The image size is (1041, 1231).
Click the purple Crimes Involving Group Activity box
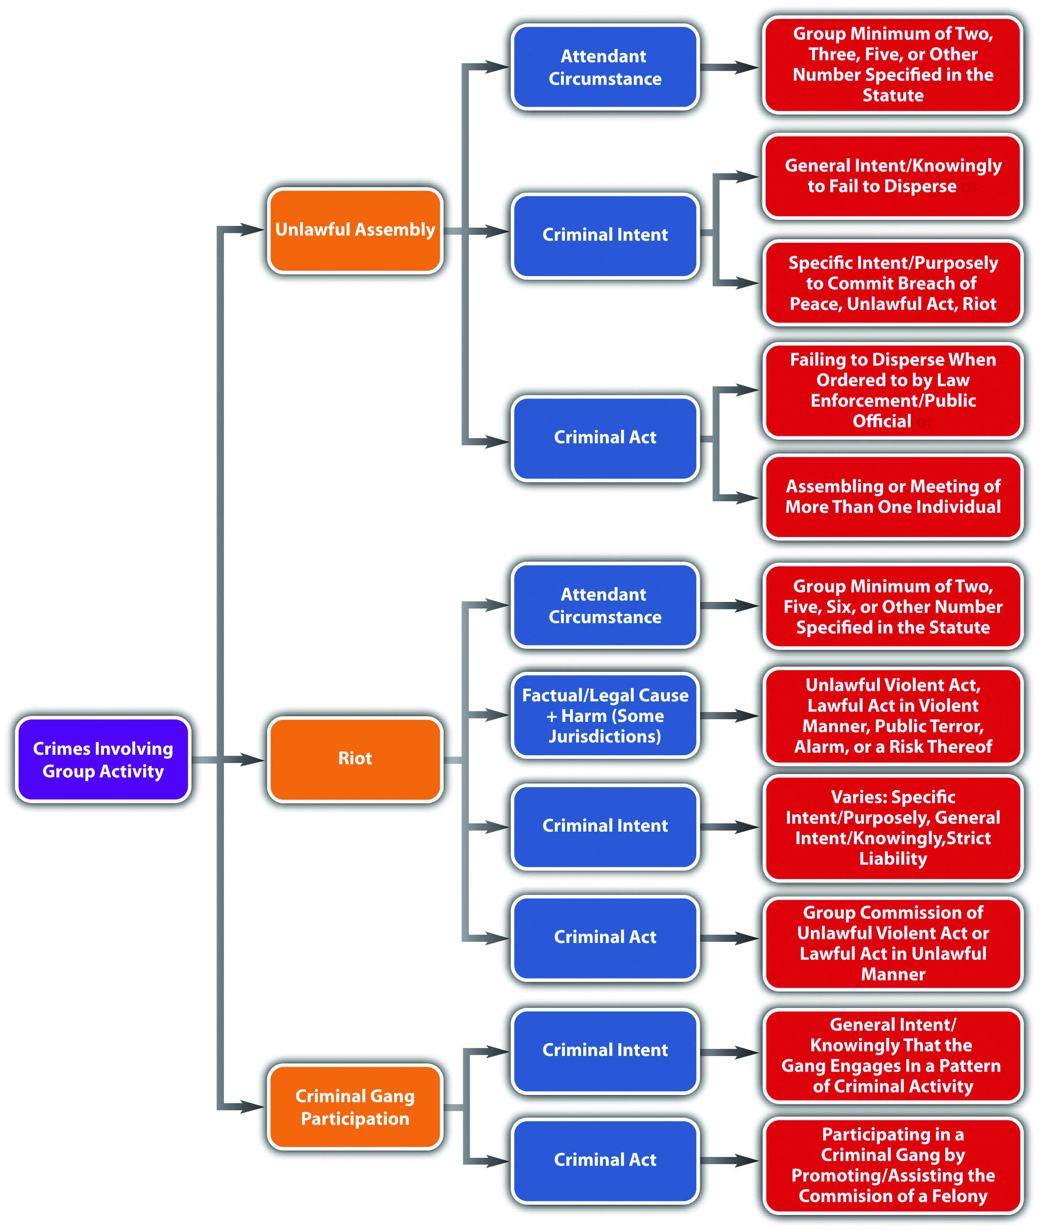click(103, 759)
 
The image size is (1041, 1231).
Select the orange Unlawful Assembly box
click(355, 230)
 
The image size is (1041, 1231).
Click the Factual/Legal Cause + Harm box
click(605, 715)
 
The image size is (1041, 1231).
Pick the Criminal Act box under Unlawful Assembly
click(605, 438)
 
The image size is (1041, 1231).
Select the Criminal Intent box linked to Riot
click(605, 826)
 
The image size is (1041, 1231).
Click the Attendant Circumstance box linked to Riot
click(605, 605)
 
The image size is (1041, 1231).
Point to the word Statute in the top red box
click(893, 96)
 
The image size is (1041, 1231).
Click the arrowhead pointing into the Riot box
click(253, 760)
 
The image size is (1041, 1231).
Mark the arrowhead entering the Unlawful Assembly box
click(253, 230)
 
